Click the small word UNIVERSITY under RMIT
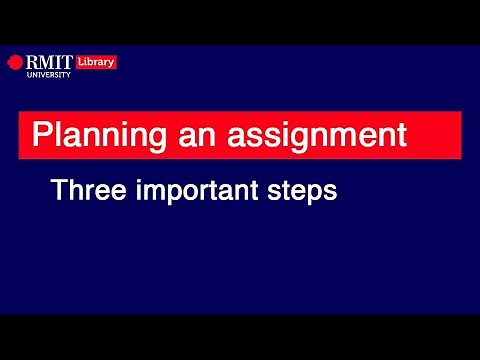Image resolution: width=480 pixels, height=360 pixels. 46,74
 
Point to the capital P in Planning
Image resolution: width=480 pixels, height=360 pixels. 41,134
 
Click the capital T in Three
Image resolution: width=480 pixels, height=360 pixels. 59,189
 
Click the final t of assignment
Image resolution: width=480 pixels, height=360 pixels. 401,135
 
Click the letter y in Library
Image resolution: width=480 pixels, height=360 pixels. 112,63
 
